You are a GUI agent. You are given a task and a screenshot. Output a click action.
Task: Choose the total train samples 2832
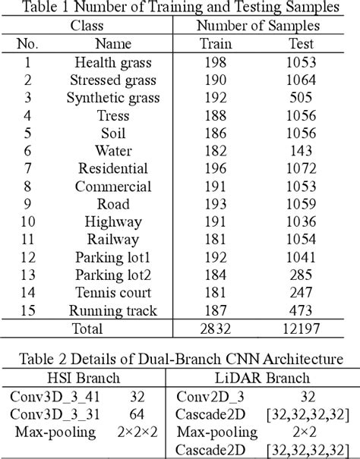click(x=215, y=329)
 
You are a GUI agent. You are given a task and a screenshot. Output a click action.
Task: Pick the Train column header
click(x=215, y=45)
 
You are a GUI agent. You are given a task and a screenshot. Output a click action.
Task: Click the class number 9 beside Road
click(x=27, y=204)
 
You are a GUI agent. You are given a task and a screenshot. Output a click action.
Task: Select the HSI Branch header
click(x=86, y=379)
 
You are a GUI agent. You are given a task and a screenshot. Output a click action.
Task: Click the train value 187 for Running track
click(x=215, y=310)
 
